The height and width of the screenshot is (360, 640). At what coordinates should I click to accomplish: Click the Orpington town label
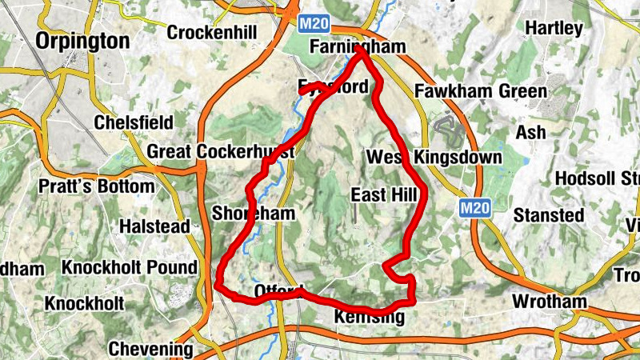(83, 41)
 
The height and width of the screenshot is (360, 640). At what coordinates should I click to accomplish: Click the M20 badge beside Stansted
(474, 208)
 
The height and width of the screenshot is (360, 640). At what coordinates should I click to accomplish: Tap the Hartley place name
(554, 28)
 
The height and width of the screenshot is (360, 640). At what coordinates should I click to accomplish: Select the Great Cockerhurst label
(221, 152)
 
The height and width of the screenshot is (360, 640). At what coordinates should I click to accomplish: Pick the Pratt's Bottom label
(97, 186)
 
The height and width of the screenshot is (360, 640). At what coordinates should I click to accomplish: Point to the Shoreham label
(254, 214)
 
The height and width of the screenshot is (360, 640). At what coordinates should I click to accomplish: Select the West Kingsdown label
(434, 157)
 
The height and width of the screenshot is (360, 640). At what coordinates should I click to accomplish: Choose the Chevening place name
(150, 349)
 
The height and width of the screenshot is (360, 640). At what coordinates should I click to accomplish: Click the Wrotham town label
(549, 302)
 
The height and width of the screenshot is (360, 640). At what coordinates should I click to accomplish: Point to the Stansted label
(548, 215)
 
